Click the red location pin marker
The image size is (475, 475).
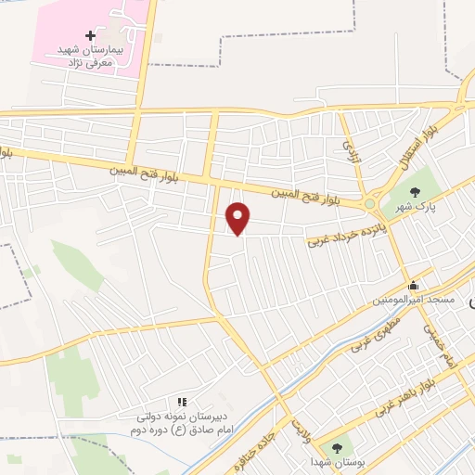click(238, 218)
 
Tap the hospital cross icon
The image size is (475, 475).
click(90, 35)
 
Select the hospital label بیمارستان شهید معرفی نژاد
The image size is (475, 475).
click(90, 56)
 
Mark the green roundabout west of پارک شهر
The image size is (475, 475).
click(370, 203)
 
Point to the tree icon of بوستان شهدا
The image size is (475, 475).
click(337, 443)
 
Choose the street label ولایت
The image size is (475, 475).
click(299, 429)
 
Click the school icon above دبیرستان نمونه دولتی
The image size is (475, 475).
click(183, 401)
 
